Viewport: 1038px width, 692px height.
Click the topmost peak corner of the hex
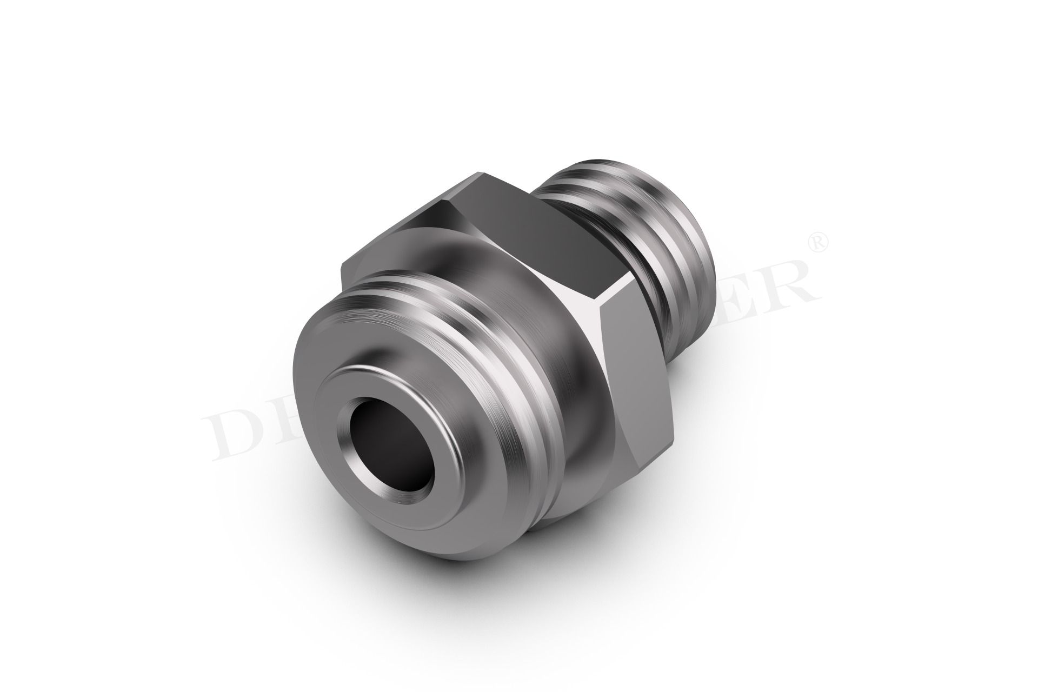478,174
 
